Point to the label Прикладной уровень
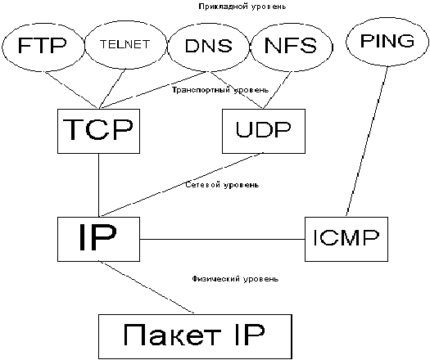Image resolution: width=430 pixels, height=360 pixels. click(242, 7)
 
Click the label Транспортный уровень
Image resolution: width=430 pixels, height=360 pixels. click(220, 90)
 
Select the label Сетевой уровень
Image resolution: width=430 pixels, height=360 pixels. click(222, 185)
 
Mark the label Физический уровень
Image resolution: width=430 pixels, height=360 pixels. click(235, 279)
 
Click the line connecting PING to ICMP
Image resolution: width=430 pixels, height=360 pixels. click(367, 142)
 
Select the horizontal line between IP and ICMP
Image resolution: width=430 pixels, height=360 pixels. click(223, 239)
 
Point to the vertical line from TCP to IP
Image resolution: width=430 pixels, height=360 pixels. click(99, 185)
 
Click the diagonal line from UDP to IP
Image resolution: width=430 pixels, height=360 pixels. click(181, 185)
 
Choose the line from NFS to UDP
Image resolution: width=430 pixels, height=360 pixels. click(277, 90)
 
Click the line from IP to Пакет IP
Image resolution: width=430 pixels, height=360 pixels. click(147, 287)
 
